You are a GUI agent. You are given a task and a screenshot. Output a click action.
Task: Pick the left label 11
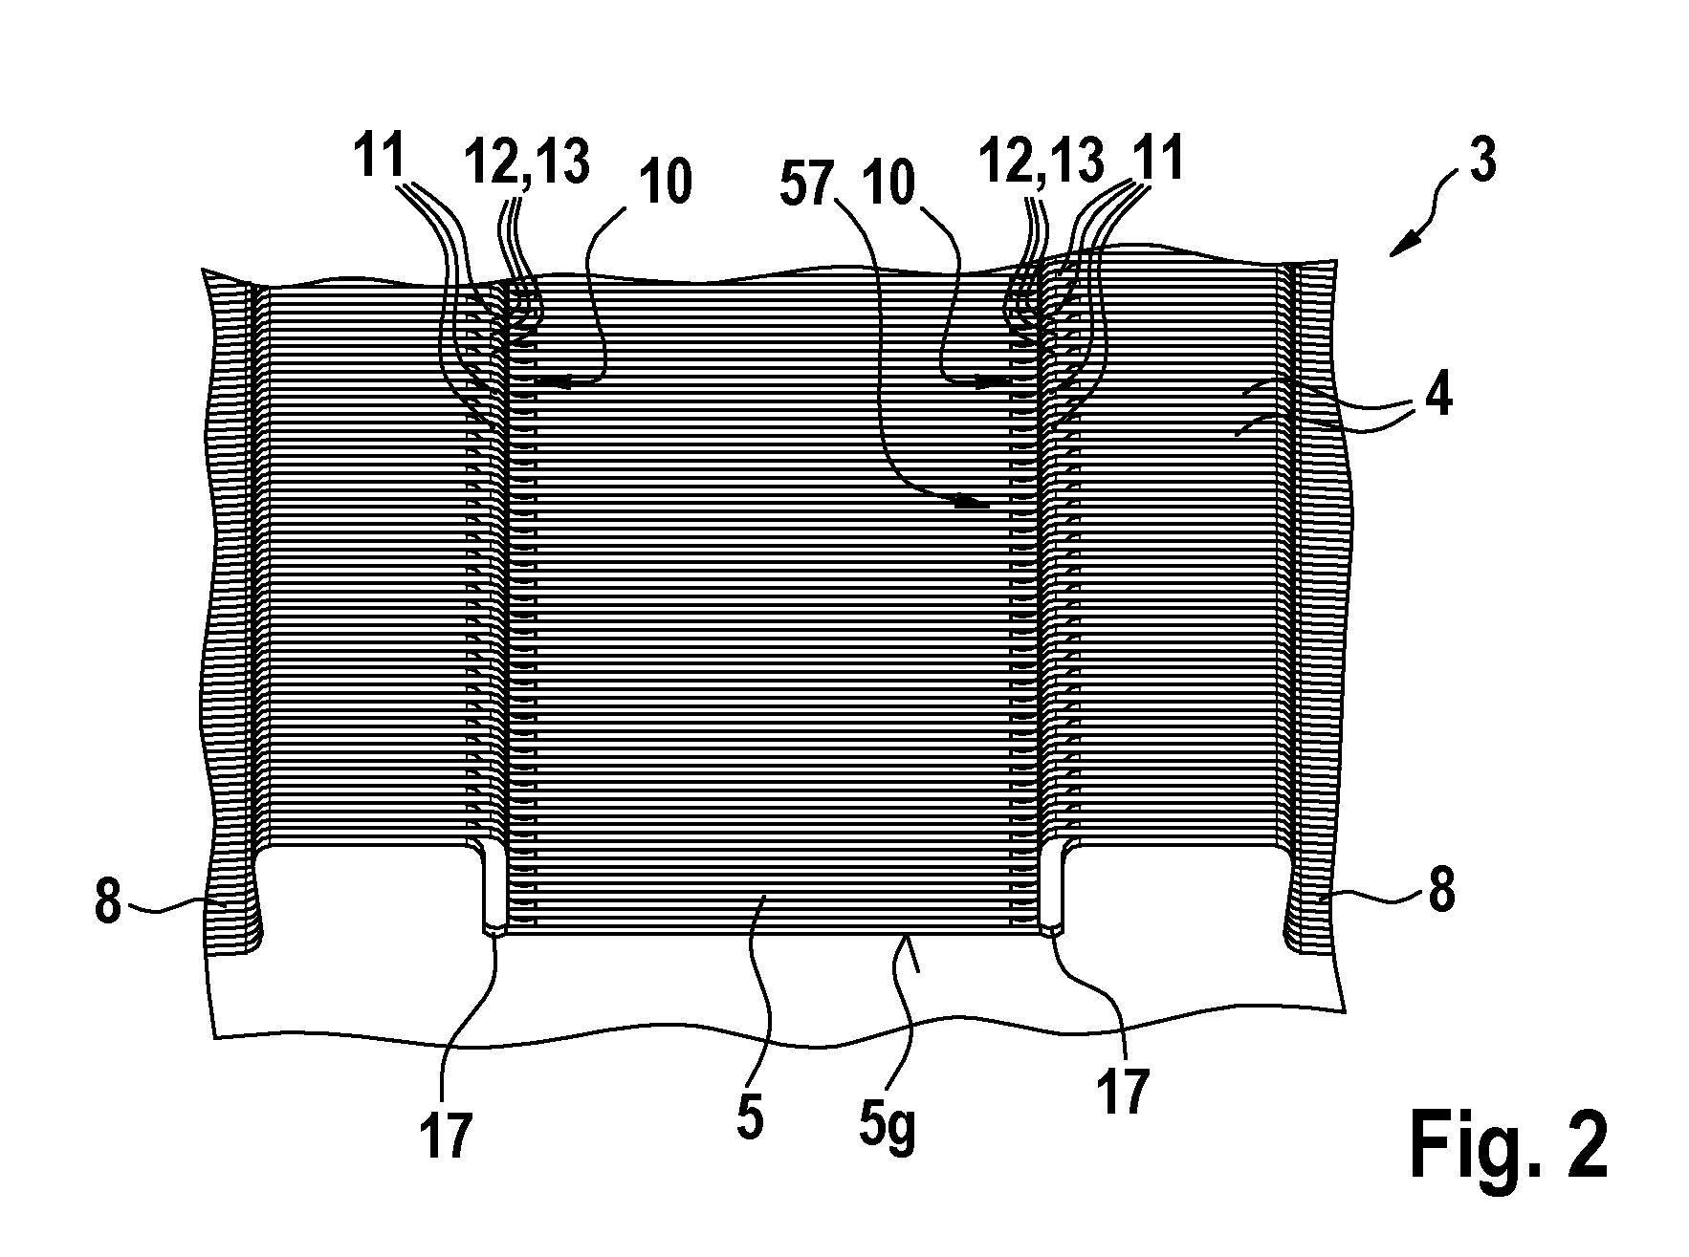(x=380, y=156)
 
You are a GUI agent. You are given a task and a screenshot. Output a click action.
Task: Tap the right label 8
(x=1441, y=891)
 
